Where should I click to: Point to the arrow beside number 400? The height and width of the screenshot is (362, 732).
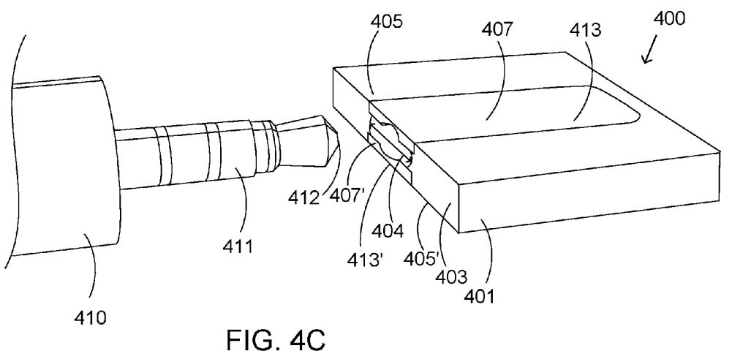coord(649,53)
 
